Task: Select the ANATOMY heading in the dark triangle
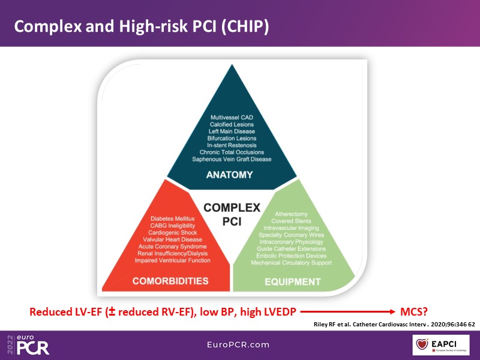tap(232, 175)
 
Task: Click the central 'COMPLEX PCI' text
tap(232, 214)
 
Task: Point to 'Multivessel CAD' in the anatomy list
tap(232, 117)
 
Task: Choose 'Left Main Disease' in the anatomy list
tap(232, 131)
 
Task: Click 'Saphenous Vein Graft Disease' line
tap(232, 160)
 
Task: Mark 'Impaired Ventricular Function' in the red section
tap(172, 260)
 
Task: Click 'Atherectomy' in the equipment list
tap(291, 214)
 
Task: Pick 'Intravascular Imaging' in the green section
tap(291, 227)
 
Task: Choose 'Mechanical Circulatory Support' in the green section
tap(291, 263)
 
